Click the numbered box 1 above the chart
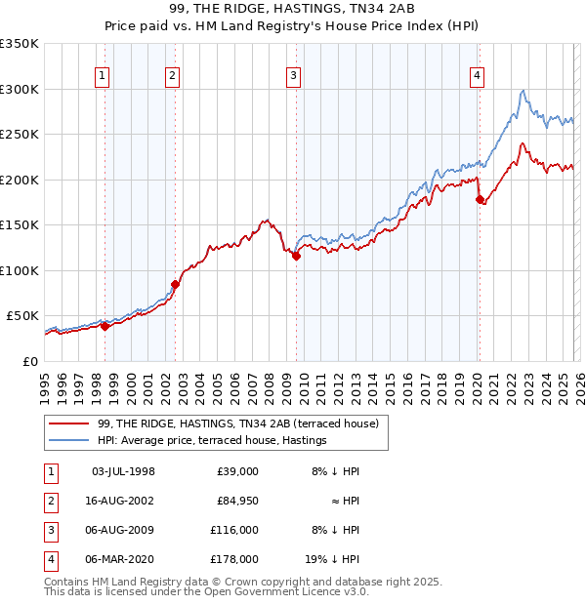(104, 78)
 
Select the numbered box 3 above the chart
(294, 78)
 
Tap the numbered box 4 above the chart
(477, 78)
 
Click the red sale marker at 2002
(176, 284)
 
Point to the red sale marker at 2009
(296, 257)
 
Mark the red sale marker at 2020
(479, 200)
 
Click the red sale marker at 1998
(105, 326)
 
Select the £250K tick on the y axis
(20, 135)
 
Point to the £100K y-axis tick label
(20, 270)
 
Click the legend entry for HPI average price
(212, 440)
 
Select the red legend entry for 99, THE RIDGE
(243, 423)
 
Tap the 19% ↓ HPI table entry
(330, 559)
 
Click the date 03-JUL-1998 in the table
(123, 471)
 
